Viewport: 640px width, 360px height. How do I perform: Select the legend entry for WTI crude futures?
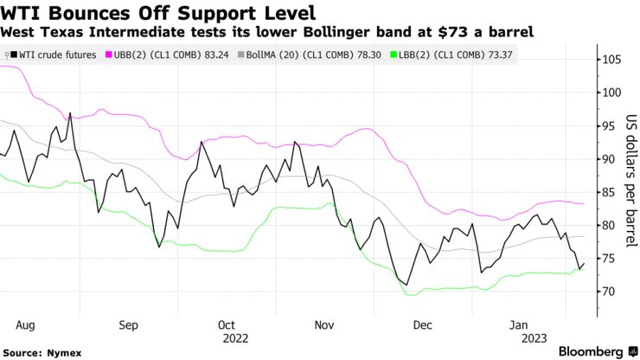pos(54,55)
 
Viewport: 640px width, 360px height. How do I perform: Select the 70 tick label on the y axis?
pos(611,292)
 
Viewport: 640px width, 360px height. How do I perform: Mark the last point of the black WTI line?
pos(584,263)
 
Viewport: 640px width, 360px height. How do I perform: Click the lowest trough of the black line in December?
pos(406,284)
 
